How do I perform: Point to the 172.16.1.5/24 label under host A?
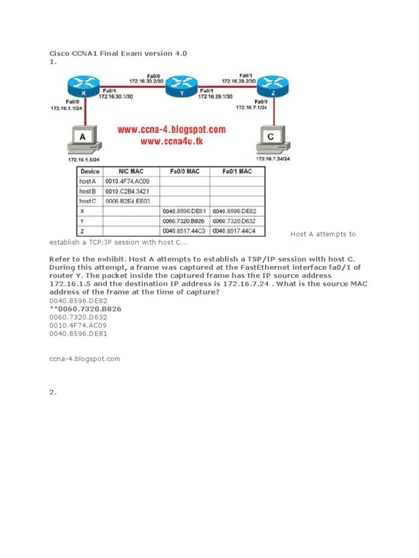pos(83,160)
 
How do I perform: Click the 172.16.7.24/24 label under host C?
pos(273,159)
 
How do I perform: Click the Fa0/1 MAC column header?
pos(237,172)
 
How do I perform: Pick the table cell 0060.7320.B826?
pos(184,221)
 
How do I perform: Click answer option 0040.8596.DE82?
pos(79,300)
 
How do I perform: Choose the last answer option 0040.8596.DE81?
pos(79,333)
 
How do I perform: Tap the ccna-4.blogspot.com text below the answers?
pos(85,359)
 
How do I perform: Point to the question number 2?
pos(53,392)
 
